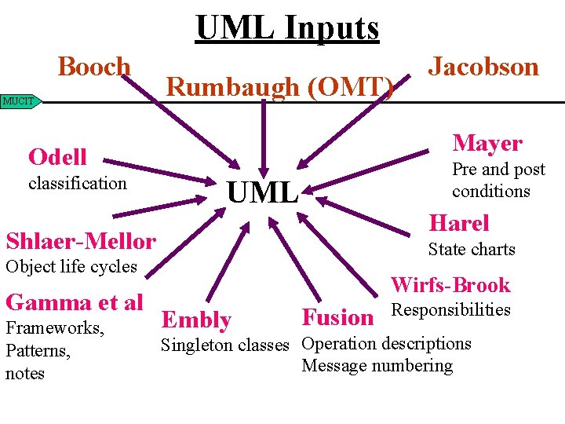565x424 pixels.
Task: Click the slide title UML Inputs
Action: pyautogui.click(x=287, y=28)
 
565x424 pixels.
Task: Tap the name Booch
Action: pyautogui.click(x=94, y=68)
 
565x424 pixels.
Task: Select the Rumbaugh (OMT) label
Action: pyautogui.click(x=280, y=87)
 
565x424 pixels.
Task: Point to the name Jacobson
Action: pyautogui.click(x=483, y=67)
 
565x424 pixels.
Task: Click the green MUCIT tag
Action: pyautogui.click(x=20, y=101)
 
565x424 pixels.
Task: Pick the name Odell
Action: pyautogui.click(x=57, y=157)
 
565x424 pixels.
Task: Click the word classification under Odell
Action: pyautogui.click(x=77, y=184)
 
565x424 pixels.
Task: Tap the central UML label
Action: pyautogui.click(x=262, y=192)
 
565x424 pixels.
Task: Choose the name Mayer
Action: pyautogui.click(x=487, y=143)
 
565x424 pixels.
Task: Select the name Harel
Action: pyautogui.click(x=458, y=224)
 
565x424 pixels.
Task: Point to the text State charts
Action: pyautogui.click(x=471, y=250)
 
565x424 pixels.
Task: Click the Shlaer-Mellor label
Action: pyautogui.click(x=81, y=240)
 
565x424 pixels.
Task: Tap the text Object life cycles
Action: pyautogui.click(x=71, y=267)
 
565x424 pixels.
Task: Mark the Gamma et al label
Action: pyautogui.click(x=74, y=302)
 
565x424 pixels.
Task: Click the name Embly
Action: pyautogui.click(x=195, y=320)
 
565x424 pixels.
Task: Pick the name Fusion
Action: pyautogui.click(x=337, y=318)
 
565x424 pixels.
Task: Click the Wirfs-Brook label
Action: pyautogui.click(x=450, y=285)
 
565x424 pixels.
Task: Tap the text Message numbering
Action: pyautogui.click(x=377, y=366)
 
